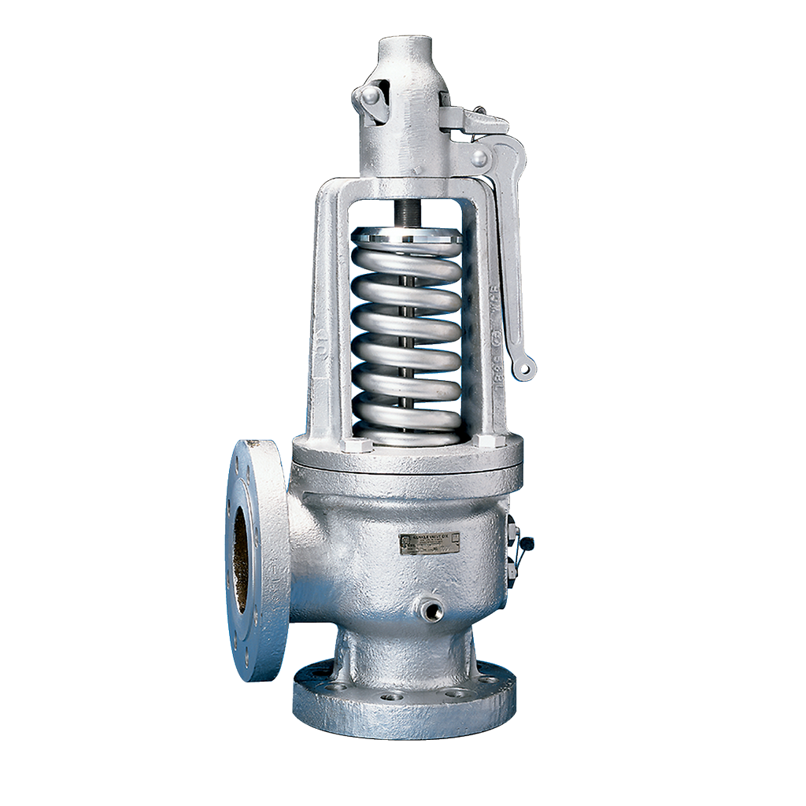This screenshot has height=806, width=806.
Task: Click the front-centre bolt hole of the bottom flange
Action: [x=391, y=696]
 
